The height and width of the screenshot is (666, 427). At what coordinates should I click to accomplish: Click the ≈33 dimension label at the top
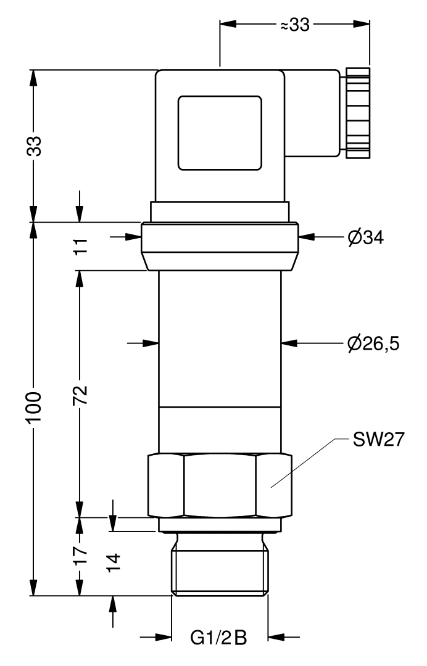point(295,25)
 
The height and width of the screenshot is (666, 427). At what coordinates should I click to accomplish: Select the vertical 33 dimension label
point(35,146)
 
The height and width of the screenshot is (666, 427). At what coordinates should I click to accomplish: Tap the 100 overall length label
point(34,408)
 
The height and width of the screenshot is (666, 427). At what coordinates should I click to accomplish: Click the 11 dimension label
point(80,246)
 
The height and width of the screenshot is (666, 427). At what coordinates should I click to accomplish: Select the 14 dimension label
point(114,563)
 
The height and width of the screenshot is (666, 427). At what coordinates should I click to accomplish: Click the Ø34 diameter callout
point(365,237)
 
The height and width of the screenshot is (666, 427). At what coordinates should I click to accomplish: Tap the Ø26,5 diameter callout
point(373,343)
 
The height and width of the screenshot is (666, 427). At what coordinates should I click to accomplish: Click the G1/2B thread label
point(218,638)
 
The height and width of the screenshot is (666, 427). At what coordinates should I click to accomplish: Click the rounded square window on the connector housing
point(220,133)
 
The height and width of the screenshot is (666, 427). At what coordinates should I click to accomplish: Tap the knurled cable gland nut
point(358,113)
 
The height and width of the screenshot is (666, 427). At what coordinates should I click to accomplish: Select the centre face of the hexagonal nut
point(220,485)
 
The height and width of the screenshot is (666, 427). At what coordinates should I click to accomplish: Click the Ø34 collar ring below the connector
point(220,246)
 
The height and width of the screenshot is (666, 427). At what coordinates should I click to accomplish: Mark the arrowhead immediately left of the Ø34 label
point(307,237)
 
